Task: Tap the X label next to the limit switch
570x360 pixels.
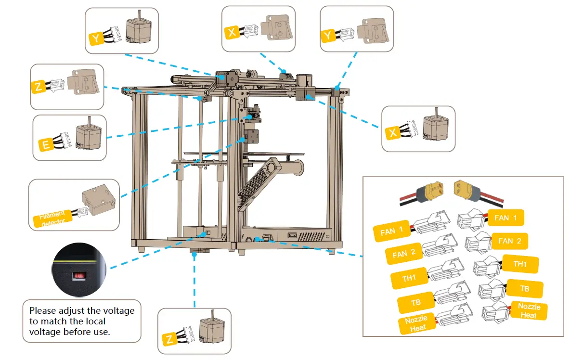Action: tap(232, 33)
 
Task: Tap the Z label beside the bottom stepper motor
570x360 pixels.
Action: tap(169, 339)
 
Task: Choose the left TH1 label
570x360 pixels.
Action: tap(409, 278)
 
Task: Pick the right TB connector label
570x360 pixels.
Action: tap(524, 289)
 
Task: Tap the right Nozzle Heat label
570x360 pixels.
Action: tap(529, 310)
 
